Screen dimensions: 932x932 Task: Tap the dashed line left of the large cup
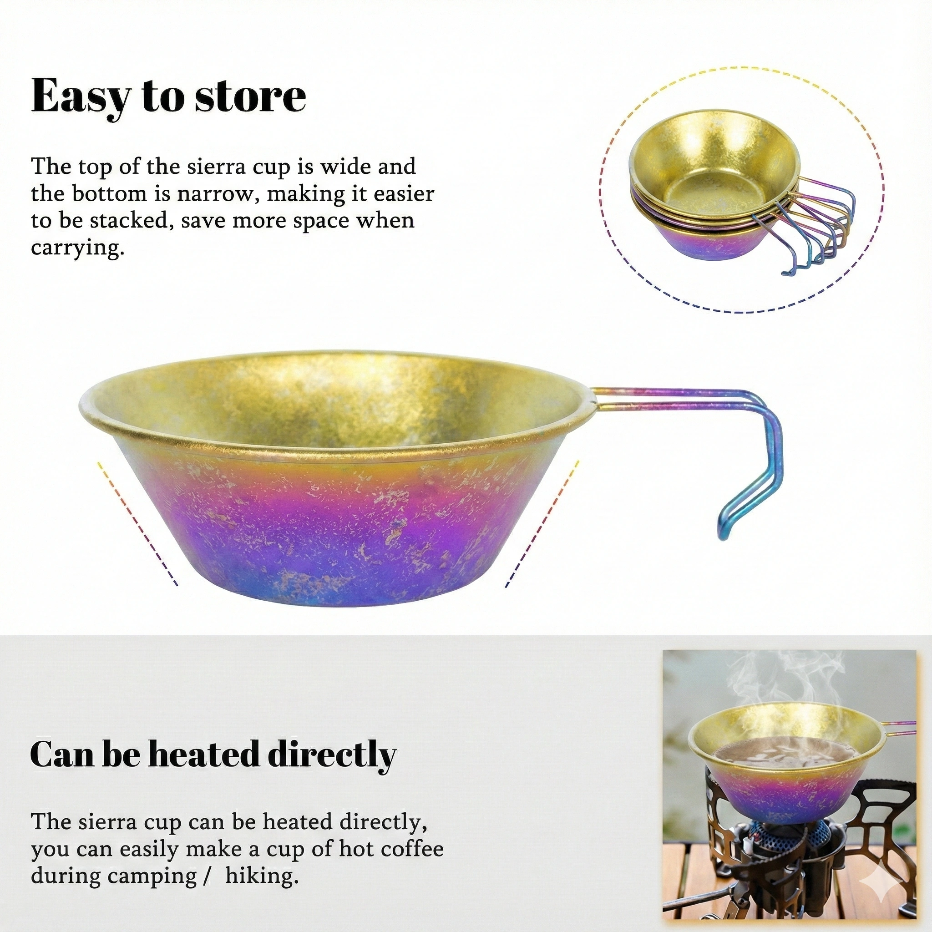click(x=137, y=523)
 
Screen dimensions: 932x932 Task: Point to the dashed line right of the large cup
click(x=542, y=523)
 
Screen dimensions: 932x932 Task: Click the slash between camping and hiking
click(x=208, y=876)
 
